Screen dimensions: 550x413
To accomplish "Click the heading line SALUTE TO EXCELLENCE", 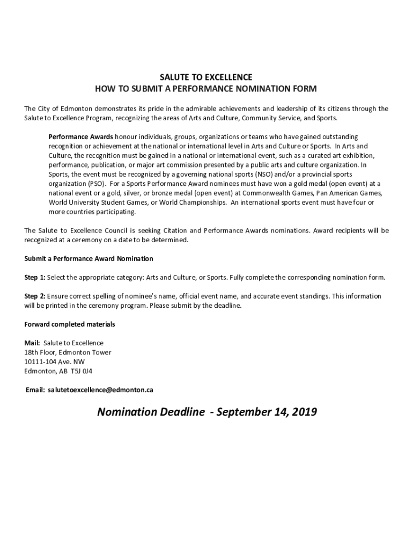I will (x=206, y=77).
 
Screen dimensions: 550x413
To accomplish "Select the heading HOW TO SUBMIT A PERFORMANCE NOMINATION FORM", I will (x=206, y=88).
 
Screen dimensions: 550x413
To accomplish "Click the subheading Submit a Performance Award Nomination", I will (x=88, y=259).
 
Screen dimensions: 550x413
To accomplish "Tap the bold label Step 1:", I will (x=35, y=278).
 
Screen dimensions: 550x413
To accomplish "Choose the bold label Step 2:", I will (x=35, y=296).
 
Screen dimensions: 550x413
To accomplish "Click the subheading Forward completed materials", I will (x=70, y=324).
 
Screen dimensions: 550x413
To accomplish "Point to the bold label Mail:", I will (x=32, y=343).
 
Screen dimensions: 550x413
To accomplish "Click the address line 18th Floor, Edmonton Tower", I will (x=68, y=352).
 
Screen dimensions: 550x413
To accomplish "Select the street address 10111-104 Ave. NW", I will (x=54, y=361).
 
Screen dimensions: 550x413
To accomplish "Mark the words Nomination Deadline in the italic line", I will (x=151, y=412).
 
